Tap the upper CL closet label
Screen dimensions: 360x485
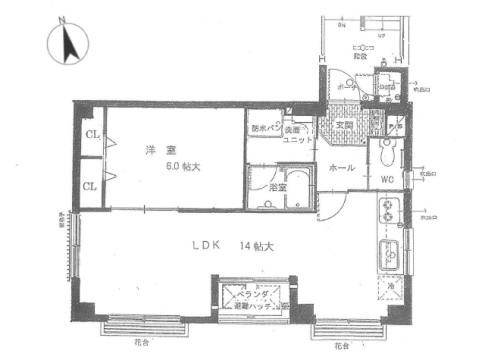click(90, 135)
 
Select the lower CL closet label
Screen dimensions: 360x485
click(90, 185)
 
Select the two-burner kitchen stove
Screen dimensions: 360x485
click(387, 213)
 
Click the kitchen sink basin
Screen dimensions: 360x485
click(388, 256)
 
